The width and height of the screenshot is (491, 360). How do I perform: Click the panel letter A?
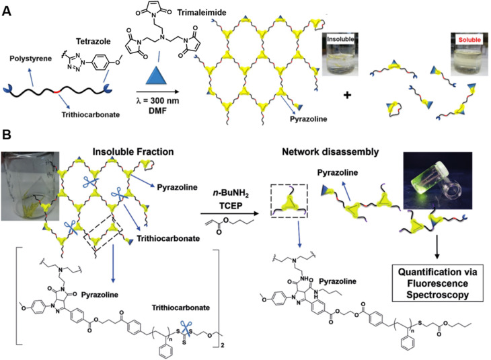click(7, 7)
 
